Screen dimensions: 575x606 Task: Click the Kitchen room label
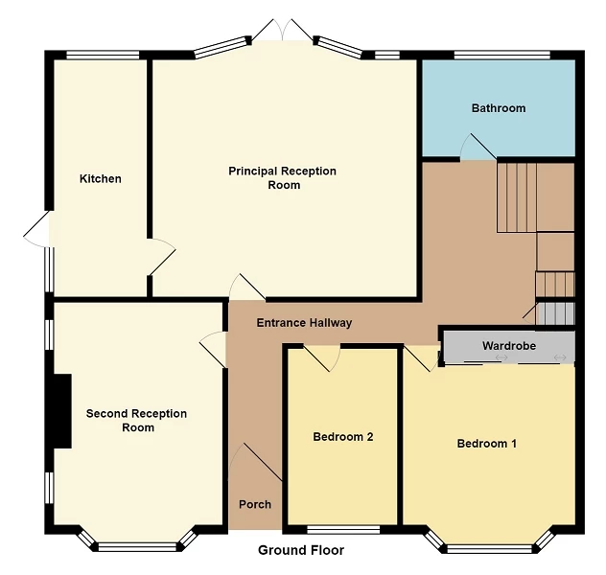coord(101,179)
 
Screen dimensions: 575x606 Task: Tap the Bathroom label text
coord(499,108)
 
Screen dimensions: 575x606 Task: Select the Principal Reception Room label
coord(282,178)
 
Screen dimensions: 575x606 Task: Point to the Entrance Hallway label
coord(304,323)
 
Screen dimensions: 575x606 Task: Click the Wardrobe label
coord(508,346)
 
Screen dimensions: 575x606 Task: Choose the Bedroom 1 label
coord(486,444)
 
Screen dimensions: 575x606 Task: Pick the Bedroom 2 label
coord(343,437)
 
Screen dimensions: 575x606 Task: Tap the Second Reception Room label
coord(136,421)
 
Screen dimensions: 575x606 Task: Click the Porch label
coord(255,504)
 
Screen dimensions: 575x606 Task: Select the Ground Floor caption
coord(301,550)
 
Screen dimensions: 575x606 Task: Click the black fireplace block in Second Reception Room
coord(61,411)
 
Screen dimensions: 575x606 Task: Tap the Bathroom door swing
coord(476,148)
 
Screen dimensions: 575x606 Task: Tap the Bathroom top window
coord(502,54)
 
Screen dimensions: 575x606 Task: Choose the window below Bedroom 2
coord(343,529)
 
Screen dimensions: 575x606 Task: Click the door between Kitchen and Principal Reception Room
coord(162,256)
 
